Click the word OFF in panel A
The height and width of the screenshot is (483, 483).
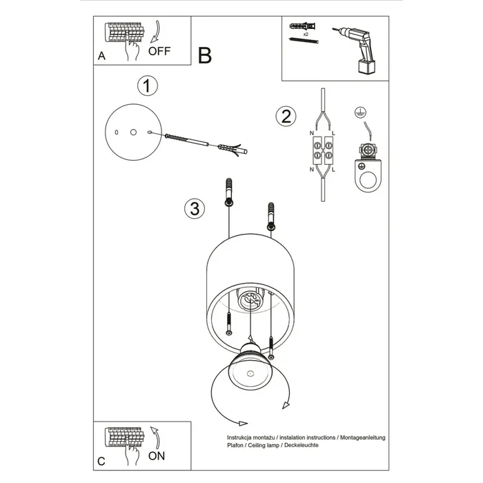pos(159,50)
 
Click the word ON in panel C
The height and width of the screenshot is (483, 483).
pos(157,456)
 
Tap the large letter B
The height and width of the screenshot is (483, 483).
pos(204,56)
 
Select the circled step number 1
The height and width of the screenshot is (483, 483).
pos(147,86)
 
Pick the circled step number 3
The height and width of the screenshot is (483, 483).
pos(195,208)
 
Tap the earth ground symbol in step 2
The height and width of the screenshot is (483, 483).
pos(357,112)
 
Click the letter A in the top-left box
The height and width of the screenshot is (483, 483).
pos(101,57)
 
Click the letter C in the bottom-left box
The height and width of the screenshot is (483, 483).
pos(101,460)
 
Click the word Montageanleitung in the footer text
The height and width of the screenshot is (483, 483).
pos(362,437)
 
